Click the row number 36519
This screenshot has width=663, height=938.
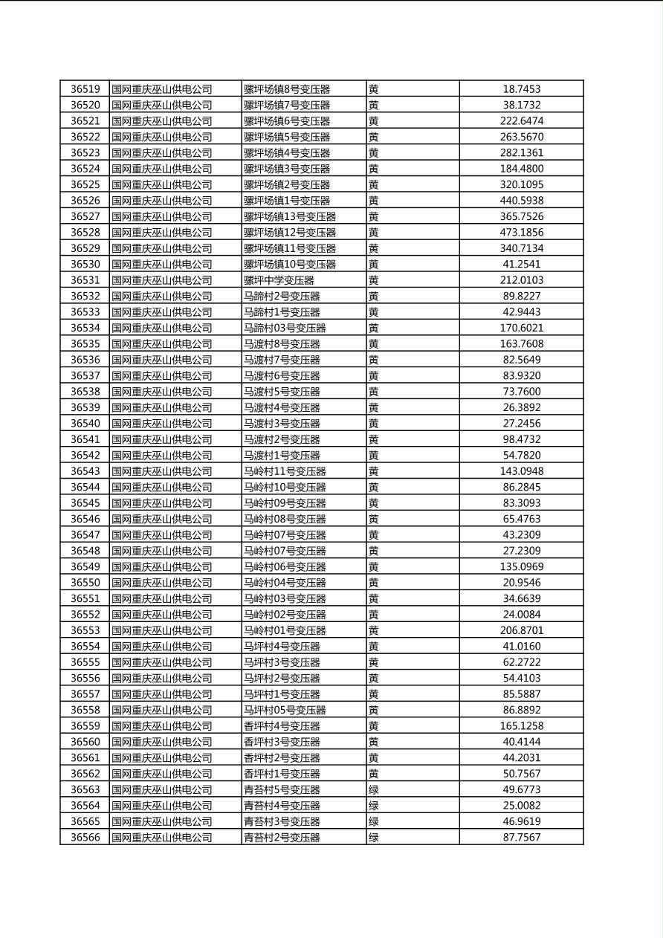[85, 89]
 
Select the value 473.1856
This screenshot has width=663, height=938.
[521, 233]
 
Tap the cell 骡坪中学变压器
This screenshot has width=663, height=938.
[279, 280]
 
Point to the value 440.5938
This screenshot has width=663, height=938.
[521, 201]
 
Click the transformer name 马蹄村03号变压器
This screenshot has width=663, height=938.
[285, 328]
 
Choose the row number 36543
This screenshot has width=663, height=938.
[85, 471]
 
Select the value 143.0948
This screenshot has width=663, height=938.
[521, 471]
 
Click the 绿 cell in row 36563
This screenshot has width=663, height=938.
[373, 789]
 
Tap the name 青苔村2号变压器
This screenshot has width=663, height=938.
[282, 838]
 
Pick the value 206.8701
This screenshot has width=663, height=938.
[521, 630]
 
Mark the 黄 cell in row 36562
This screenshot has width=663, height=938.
[373, 774]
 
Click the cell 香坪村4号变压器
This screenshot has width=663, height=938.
[282, 726]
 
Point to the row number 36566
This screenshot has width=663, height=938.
[85, 838]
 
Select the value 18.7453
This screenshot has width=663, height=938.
[521, 89]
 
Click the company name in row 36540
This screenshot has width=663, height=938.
[161, 424]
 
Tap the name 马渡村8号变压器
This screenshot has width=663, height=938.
[282, 344]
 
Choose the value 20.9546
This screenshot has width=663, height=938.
[521, 583]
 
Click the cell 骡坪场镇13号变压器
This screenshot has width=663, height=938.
[290, 216]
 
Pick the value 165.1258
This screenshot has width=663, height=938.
[521, 726]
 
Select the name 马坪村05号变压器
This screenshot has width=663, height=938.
[285, 710]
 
